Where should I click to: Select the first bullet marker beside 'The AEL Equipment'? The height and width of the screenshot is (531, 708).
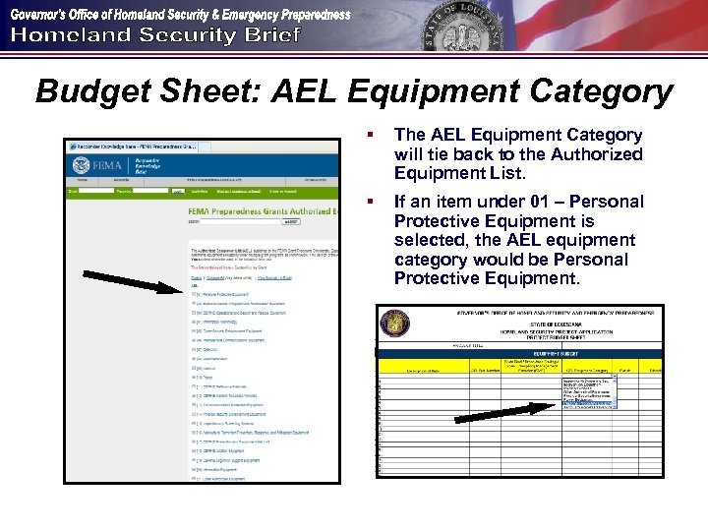tap(371, 136)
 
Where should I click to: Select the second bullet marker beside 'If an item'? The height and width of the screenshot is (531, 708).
tap(371, 203)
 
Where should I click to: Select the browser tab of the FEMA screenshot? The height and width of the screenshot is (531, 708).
tap(132, 146)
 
